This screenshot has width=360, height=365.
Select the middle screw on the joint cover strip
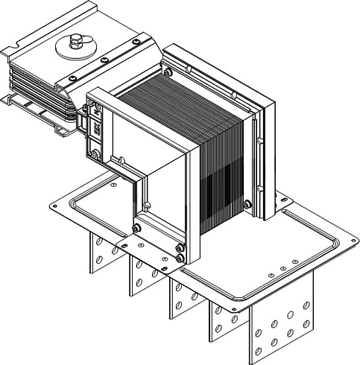tap(104, 60)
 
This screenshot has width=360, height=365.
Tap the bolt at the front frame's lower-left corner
tap(136, 227)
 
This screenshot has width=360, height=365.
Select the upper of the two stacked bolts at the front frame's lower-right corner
tap(179, 248)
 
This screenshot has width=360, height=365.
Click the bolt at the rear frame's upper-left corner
tap(168, 72)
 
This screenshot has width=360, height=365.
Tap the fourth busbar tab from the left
tap(221, 317)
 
